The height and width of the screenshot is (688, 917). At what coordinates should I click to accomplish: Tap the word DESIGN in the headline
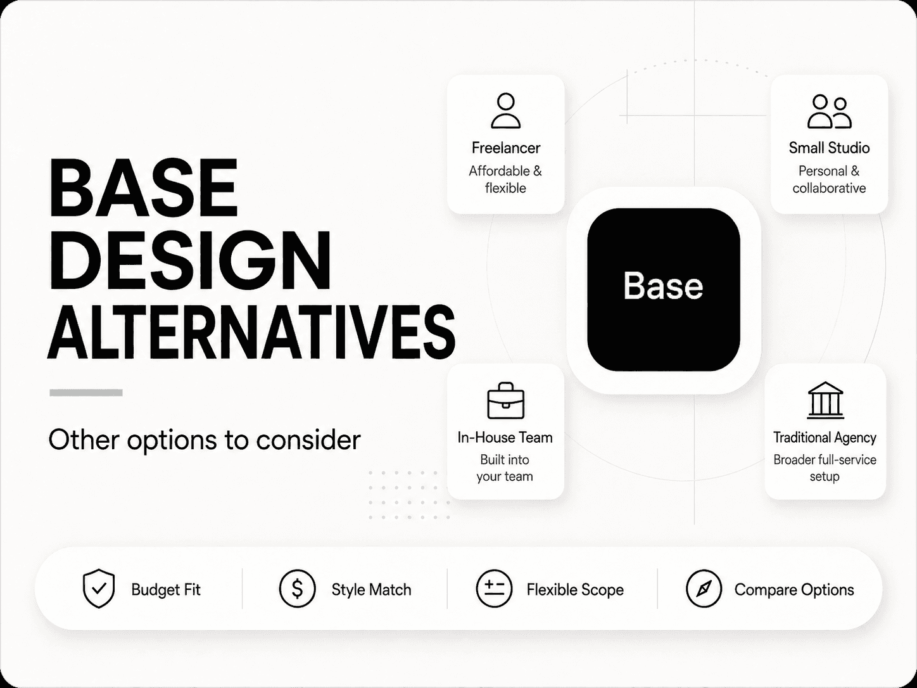pos(190,260)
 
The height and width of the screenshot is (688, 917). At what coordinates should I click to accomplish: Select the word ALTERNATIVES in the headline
pos(251,332)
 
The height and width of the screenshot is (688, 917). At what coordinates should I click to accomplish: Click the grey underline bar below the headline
pos(86,393)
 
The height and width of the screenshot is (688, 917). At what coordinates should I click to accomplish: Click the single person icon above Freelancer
pos(505,110)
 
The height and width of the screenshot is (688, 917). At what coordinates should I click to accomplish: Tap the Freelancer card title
pos(505,148)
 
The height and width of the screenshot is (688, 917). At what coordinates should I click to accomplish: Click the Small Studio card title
pos(829,148)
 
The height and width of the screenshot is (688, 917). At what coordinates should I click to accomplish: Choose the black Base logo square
pos(664,290)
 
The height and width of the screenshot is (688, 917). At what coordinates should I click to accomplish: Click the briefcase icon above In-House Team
pos(505,400)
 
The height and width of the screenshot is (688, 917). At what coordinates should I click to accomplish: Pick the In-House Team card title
pos(505,437)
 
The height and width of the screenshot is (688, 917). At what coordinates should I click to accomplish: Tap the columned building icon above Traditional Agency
pos(825,400)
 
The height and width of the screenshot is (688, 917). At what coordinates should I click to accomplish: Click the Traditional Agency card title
pos(825,438)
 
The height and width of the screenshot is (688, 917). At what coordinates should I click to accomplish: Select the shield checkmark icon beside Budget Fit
pos(99,588)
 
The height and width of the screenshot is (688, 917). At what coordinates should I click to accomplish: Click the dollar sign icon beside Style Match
pos(297,589)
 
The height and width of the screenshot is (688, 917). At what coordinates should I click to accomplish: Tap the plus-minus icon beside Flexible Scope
pos(494,589)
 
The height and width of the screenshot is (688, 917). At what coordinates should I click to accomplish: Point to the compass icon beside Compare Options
pos(704,589)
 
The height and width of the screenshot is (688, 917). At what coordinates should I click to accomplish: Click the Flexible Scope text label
pos(575,590)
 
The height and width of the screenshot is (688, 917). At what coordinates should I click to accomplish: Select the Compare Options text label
pos(794,590)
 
